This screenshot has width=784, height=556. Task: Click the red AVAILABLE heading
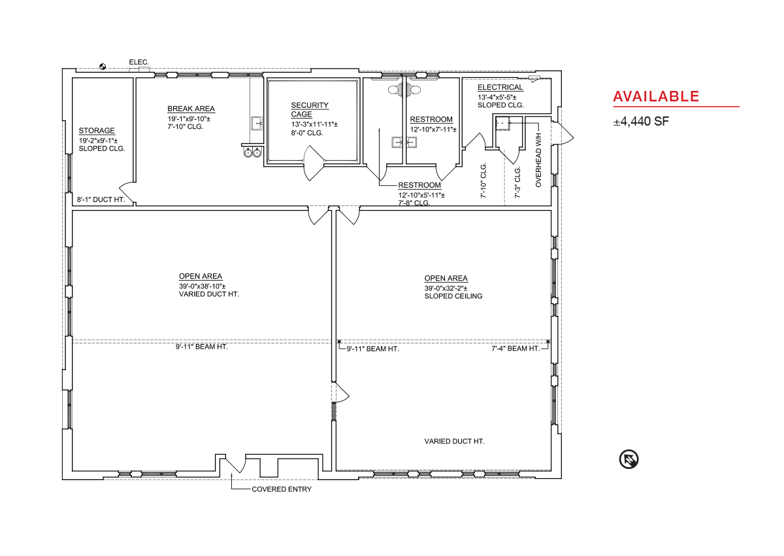656,97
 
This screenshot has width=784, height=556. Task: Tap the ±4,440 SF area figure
641,121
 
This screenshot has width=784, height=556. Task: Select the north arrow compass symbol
629,459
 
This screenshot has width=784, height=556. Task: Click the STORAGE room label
97,131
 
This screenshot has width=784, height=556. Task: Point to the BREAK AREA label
191,109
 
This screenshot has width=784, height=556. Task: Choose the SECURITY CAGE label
310,110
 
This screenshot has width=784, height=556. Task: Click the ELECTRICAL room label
500,87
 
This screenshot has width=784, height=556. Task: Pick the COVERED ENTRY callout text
282,489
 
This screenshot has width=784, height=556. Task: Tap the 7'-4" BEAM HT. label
515,348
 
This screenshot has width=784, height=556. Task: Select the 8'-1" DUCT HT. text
101,200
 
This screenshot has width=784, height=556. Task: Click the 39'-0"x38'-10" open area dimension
203,287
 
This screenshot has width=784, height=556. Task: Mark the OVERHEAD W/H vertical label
538,160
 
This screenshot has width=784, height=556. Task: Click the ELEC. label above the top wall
139,62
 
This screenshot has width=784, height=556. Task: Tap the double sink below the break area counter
252,152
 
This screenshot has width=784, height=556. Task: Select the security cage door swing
314,164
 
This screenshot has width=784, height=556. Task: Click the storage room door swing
127,192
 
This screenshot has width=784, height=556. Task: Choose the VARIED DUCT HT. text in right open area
454,441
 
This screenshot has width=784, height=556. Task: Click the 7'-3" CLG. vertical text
517,182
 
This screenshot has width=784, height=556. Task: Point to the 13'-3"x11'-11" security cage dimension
314,124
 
